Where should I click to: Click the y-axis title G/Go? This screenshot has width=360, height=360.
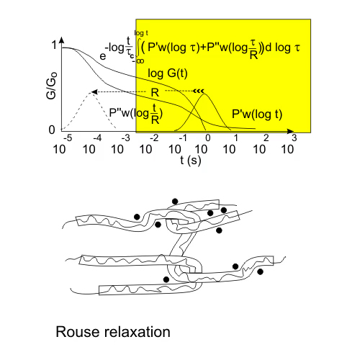coord(51,85)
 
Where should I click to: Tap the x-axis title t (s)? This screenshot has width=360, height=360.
coord(191,161)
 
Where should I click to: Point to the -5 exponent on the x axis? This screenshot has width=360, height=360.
coord(68,138)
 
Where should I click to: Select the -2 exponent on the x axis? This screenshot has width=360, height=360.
coord(154,138)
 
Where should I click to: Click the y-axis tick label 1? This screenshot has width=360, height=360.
coord(55,45)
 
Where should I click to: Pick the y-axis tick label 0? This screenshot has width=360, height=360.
coord(52,130)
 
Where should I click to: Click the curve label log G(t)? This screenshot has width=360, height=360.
coord(168,73)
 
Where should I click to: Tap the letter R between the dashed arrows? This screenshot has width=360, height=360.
coord(155,92)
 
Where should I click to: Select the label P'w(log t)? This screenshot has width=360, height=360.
coord(257,114)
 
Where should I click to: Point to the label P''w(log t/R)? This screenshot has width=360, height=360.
coord(136,114)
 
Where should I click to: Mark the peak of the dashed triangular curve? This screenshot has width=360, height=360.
coord(91,92)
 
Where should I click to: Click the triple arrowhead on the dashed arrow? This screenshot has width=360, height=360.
coord(199,91)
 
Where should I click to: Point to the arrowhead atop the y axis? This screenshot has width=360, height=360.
coord(62,40)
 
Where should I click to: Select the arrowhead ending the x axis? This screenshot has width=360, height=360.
coord(291,131)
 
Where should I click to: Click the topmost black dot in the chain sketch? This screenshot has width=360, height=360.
coord(175,202)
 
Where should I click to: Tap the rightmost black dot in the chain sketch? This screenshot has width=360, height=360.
coord(260,271)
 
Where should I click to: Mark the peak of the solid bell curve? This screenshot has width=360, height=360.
coord(204,94)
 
